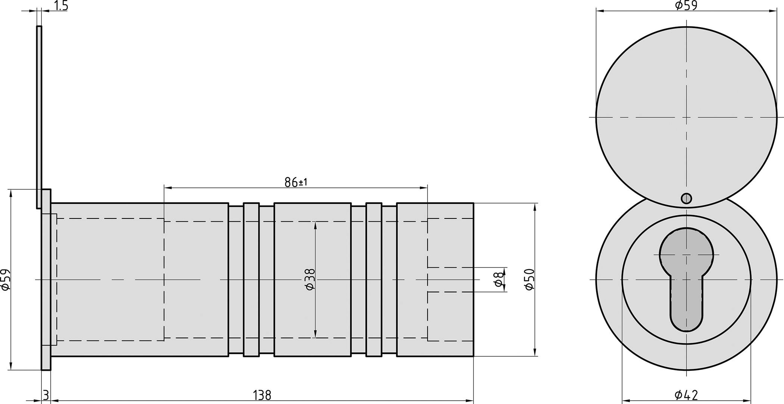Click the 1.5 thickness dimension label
[x=61, y=6]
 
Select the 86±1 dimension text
[x=296, y=182]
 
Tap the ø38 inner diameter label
[x=310, y=280]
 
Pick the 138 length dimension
[x=262, y=395]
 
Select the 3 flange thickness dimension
[x=46, y=395]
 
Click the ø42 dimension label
[x=686, y=394]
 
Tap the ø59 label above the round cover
[x=686, y=5]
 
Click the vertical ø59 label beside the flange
[x=5, y=280]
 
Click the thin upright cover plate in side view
[x=39, y=112]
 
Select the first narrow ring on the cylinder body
[x=251, y=280]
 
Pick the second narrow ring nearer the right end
[x=374, y=280]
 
